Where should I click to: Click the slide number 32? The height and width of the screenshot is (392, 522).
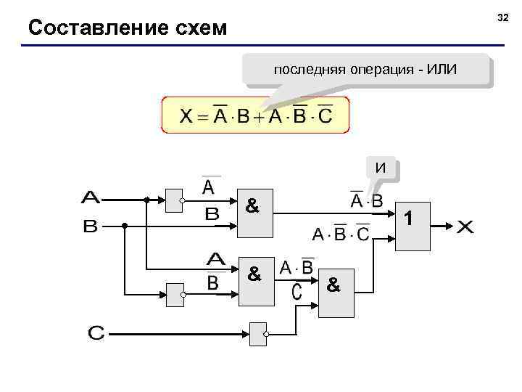502,16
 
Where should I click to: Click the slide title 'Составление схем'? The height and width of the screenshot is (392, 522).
127,28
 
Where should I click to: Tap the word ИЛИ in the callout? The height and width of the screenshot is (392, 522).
442,70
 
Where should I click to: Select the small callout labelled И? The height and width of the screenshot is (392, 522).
381,168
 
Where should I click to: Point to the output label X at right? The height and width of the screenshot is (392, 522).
465,226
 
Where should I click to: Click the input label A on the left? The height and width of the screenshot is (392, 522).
91,197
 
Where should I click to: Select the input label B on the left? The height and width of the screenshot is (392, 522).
90,226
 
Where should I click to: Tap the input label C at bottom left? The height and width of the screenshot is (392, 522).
96,334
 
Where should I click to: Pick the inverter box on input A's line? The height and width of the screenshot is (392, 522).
175,200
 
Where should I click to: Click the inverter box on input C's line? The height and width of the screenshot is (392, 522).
259,334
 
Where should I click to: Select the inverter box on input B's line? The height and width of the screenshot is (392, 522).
175,295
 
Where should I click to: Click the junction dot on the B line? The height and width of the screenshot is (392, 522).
124,226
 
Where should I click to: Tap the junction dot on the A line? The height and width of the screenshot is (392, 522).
146,199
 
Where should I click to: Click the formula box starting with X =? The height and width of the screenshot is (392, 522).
255,115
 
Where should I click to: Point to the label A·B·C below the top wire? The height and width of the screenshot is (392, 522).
340,234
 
